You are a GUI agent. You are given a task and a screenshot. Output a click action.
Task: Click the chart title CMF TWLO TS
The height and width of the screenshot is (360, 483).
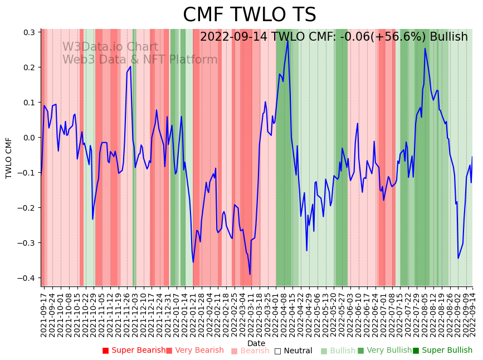point(249,15)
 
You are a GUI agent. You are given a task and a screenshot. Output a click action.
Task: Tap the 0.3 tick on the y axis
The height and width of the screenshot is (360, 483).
point(29,32)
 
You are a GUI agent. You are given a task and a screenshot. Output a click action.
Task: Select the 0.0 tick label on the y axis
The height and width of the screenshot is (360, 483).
point(29,138)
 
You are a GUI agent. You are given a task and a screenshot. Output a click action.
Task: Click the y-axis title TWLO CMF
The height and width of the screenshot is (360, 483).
point(9,158)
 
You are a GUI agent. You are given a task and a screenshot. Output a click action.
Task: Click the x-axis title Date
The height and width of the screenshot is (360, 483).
point(256,343)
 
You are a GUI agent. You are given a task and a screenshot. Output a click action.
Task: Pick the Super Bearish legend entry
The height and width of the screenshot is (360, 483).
point(134,351)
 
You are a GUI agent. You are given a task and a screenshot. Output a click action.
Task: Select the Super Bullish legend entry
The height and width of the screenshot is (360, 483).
point(442,351)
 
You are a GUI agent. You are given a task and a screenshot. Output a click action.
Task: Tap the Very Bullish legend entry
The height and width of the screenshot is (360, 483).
point(384,351)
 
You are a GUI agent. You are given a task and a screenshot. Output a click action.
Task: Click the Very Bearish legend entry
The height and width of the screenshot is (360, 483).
point(194,351)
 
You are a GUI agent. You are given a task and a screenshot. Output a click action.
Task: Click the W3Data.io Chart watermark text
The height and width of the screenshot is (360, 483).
point(110,47)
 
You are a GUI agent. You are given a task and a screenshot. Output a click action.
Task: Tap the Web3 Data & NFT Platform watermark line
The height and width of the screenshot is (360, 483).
point(140,60)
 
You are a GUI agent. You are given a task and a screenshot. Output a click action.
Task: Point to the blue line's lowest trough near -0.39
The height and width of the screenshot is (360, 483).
point(250,274)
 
